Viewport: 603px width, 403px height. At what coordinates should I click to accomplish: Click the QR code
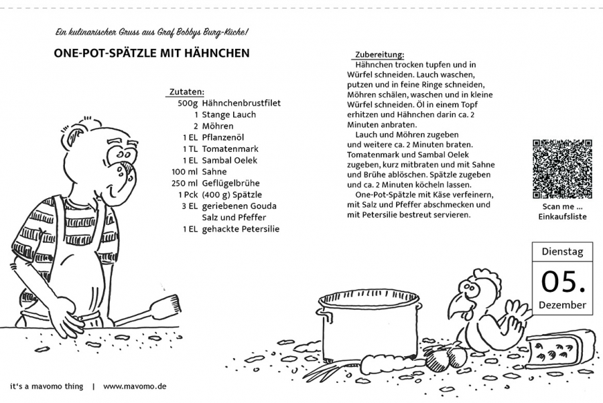(x=562, y=169)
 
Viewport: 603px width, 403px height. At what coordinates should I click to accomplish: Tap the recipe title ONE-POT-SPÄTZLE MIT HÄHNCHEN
(x=151, y=52)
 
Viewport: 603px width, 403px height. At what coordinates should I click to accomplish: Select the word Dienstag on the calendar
(x=561, y=253)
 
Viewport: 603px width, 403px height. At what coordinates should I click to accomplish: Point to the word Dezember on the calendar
(x=562, y=306)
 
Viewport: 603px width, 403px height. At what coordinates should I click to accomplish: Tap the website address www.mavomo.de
(x=135, y=386)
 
